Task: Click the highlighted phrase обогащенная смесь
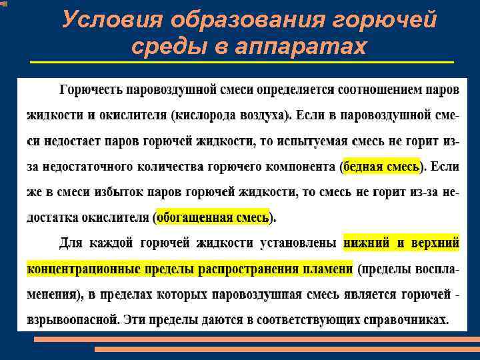pyautogui.click(x=214, y=217)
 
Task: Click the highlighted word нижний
pyautogui.click(x=366, y=243)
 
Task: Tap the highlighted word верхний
pyautogui.click(x=436, y=243)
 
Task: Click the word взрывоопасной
pyautogui.click(x=73, y=320)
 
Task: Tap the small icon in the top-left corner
pyautogui.click(x=5, y=5)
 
